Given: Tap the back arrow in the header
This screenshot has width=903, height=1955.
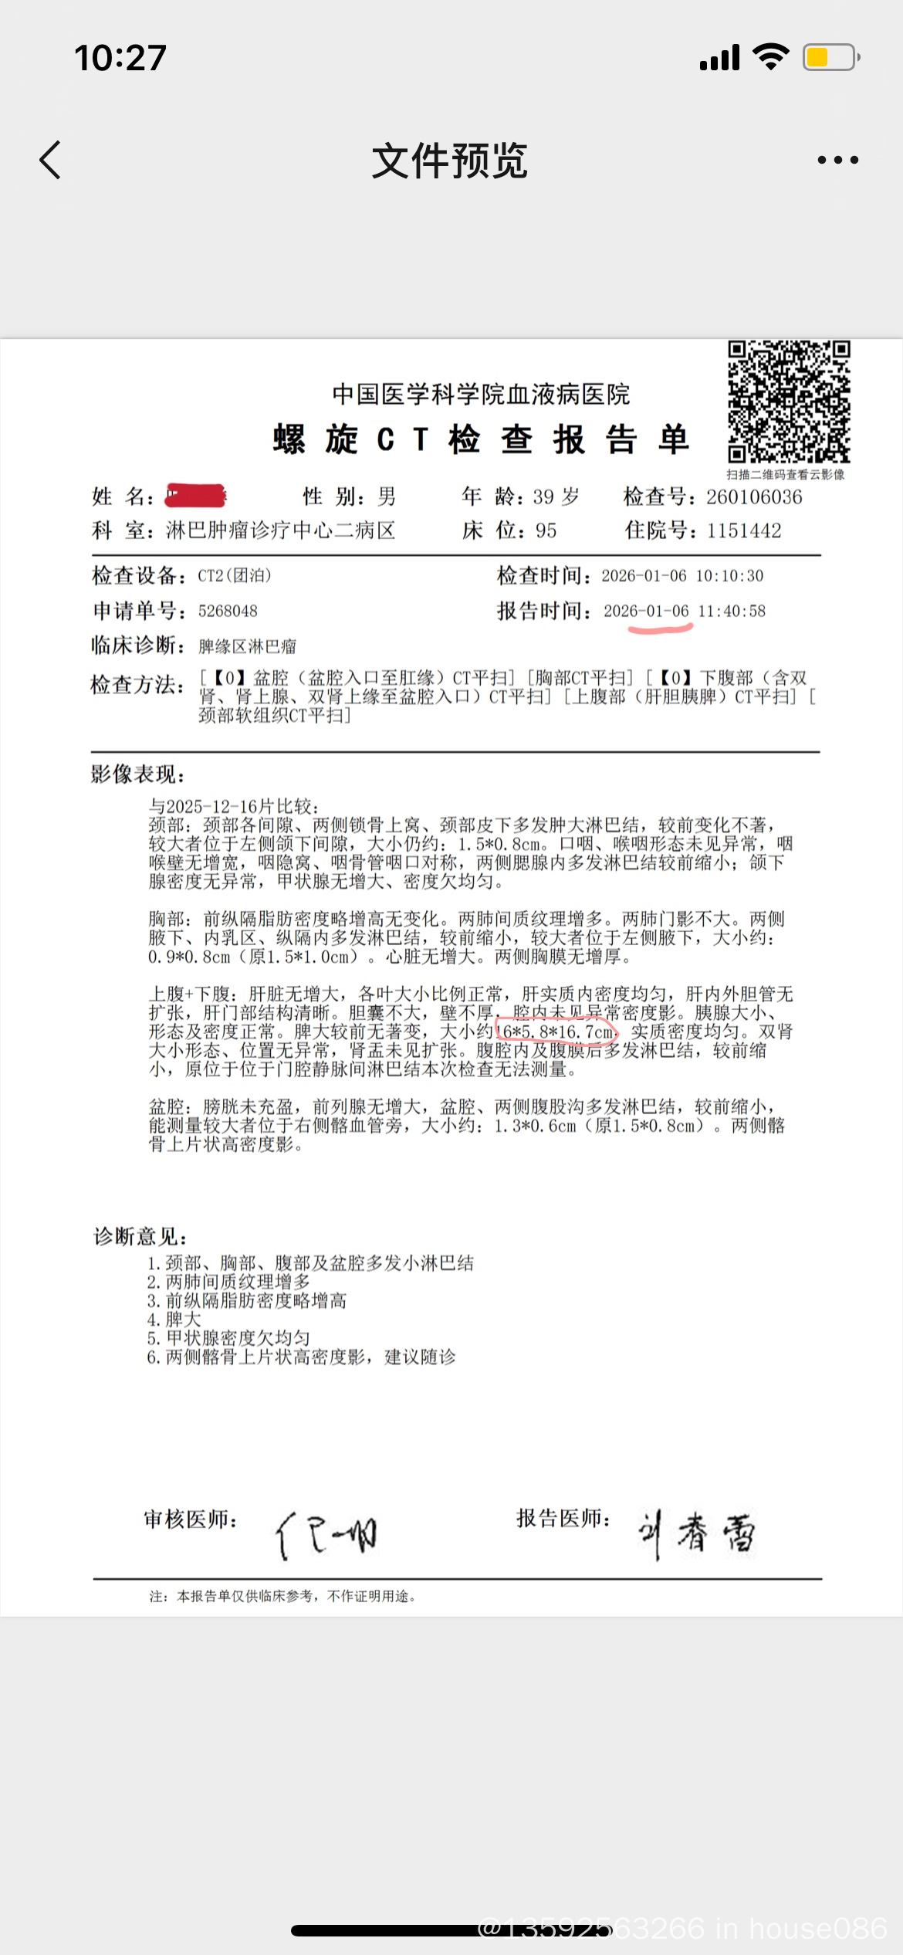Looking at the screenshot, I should tap(51, 161).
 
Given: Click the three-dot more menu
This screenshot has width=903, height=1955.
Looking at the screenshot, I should tap(837, 161).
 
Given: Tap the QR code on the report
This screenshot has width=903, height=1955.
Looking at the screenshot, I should tap(789, 402).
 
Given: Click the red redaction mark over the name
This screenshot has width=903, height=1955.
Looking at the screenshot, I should tap(196, 496).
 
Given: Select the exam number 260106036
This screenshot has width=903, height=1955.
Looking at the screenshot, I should tap(754, 497).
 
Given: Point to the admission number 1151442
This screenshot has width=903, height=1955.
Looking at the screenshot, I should tap(744, 531).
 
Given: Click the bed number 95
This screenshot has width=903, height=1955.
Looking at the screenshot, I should tap(546, 531).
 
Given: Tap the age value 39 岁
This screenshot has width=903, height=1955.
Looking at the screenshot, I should tap(556, 497).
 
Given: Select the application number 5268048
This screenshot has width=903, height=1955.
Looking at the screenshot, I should tap(228, 612).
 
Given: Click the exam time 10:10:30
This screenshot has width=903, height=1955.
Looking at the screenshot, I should tap(729, 576).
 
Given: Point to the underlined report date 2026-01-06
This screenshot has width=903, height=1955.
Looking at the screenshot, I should tap(646, 612).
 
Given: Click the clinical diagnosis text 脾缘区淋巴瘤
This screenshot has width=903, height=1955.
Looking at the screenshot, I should tap(247, 646).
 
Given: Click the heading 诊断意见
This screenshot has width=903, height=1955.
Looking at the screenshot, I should tap(140, 1237).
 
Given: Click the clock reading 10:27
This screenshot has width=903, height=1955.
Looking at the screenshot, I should tap(120, 58).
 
